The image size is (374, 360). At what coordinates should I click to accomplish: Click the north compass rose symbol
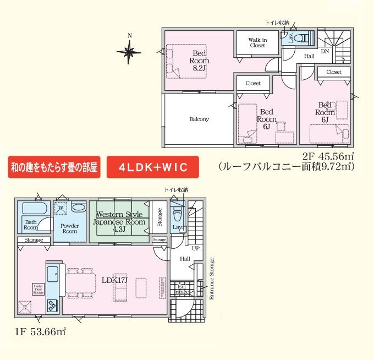tap(130, 53)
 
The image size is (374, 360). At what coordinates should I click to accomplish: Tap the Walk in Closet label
tap(257, 42)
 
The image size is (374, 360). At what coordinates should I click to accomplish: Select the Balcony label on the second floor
tap(199, 119)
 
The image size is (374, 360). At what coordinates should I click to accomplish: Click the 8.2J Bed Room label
tap(199, 61)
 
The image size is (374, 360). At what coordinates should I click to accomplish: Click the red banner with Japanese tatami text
tap(53, 167)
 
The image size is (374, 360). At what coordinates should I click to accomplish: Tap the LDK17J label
tap(115, 279)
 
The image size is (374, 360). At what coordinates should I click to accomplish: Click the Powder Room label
tap(69, 228)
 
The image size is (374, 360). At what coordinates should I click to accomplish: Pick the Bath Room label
tap(31, 225)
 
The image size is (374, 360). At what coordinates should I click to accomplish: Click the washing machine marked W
tap(62, 208)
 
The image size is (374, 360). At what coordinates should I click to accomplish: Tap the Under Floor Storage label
tap(38, 289)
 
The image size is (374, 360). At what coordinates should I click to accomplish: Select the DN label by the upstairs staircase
tap(324, 51)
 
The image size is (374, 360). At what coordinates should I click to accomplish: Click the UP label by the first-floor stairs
tap(195, 248)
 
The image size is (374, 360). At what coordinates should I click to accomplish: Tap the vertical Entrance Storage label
tap(211, 278)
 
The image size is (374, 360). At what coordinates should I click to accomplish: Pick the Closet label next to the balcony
tap(253, 83)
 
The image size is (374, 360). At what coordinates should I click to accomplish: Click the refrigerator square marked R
tap(25, 306)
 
